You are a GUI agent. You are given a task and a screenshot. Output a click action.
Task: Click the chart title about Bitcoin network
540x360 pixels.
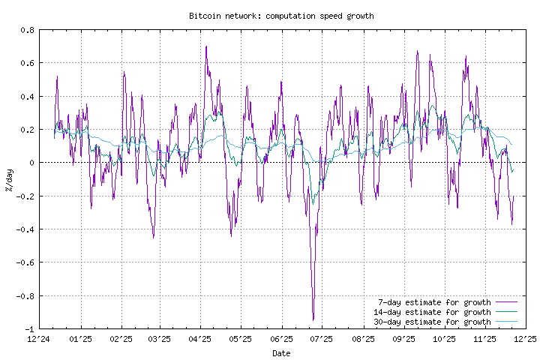coord(281,15)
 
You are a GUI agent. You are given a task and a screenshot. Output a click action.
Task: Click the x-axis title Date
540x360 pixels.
coord(281,352)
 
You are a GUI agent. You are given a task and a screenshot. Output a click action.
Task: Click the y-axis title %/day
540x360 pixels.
coord(8,179)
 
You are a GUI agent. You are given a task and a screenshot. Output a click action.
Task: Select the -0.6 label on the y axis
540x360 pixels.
coord(25,262)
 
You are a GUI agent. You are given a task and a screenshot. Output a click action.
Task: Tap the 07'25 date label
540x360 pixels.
coord(322,339)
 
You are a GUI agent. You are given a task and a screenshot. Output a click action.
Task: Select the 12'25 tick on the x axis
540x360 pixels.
coord(524,339)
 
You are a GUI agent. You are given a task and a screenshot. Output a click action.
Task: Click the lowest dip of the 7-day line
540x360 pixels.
coord(313,320)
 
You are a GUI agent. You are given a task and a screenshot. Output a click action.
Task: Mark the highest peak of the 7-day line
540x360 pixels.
coord(206,46)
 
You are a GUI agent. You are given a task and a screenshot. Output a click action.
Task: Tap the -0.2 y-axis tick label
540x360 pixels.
coord(25,196)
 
